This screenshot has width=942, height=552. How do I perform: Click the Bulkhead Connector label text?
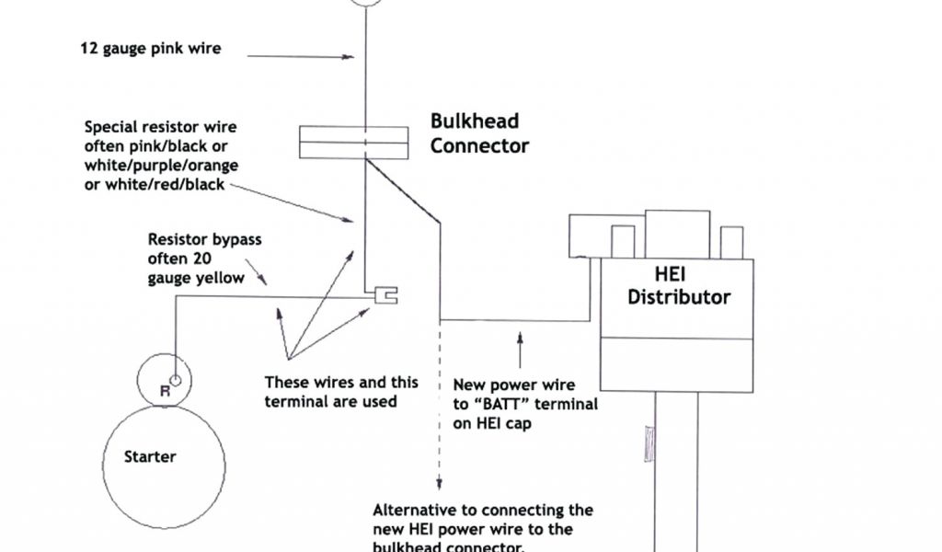pyautogui.click(x=479, y=133)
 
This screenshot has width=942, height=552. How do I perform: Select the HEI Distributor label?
pyautogui.click(x=678, y=286)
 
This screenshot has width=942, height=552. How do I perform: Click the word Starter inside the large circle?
pyautogui.click(x=150, y=456)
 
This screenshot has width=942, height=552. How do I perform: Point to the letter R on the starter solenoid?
pyautogui.click(x=165, y=390)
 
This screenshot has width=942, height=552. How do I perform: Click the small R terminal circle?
pyautogui.click(x=176, y=380)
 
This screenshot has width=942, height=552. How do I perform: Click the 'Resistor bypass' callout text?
pyautogui.click(x=204, y=239)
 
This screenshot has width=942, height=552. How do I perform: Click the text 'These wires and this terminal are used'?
pyautogui.click(x=340, y=391)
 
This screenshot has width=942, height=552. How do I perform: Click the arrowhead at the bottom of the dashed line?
pyautogui.click(x=440, y=486)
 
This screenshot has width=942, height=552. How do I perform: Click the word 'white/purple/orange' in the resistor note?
pyautogui.click(x=162, y=165)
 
